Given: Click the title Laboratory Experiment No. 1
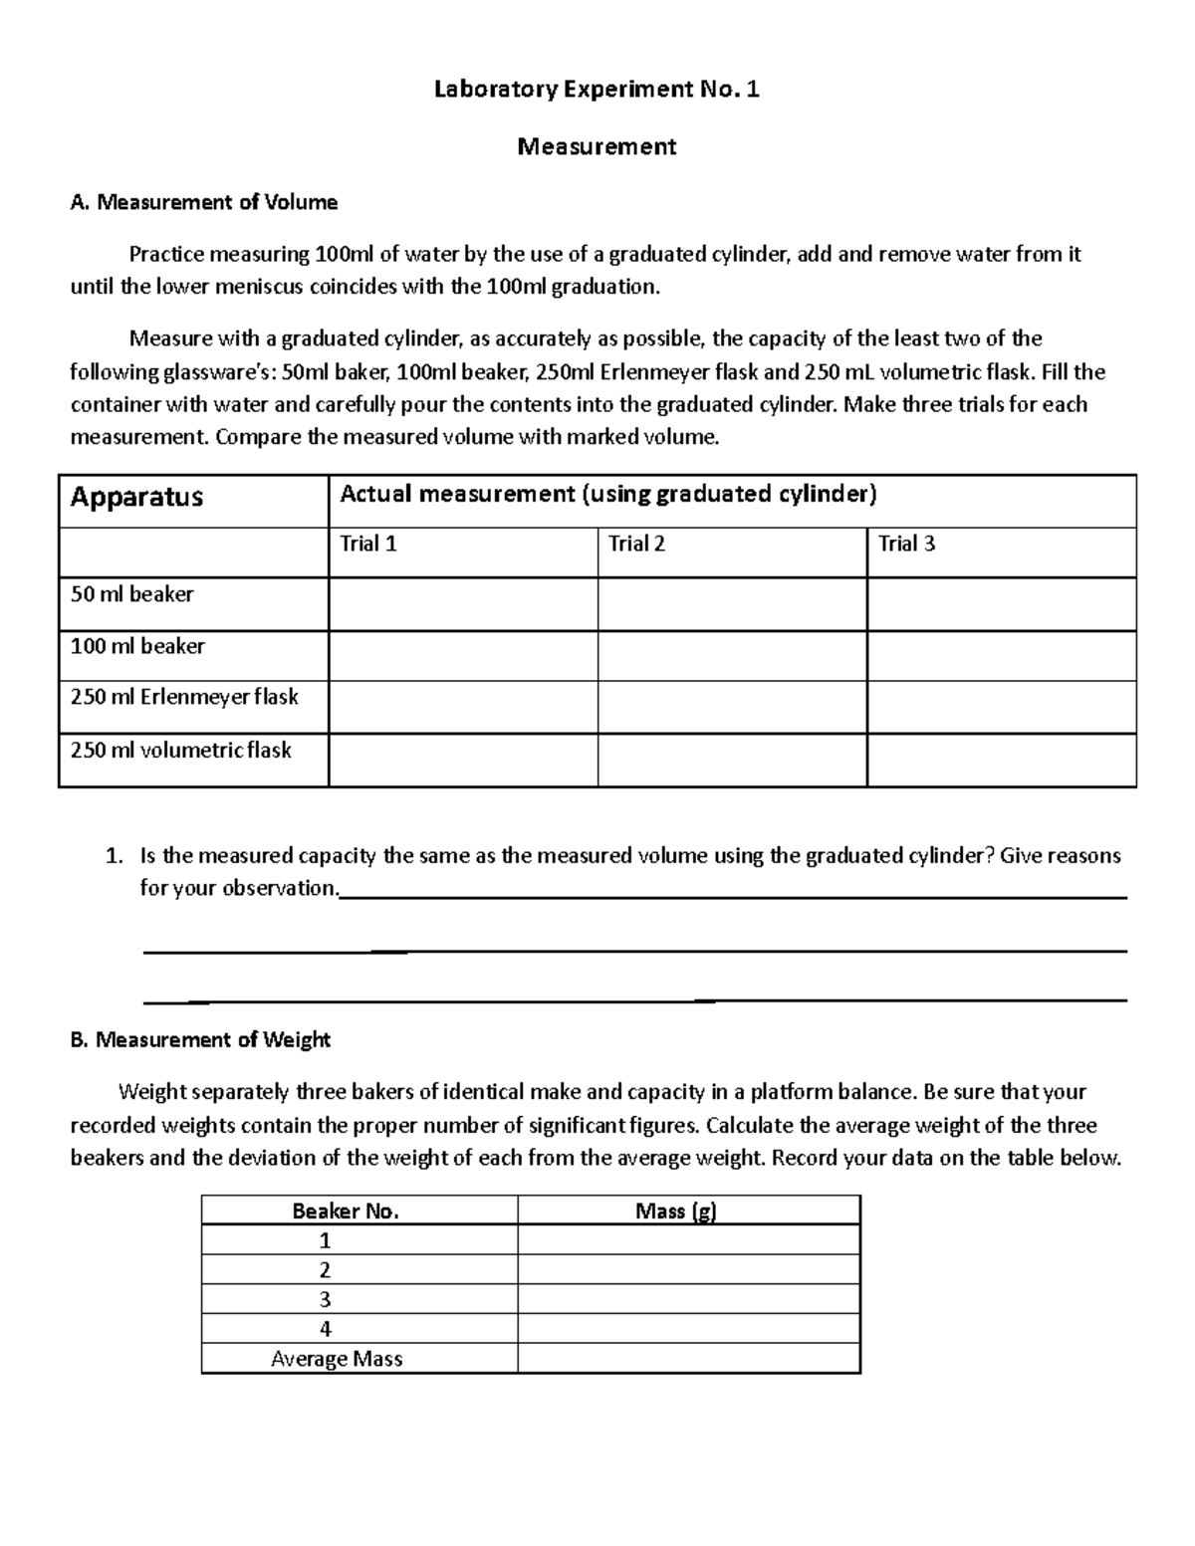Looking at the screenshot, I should tap(597, 90).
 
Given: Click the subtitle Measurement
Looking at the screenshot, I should tap(597, 146).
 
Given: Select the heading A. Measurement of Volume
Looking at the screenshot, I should tap(204, 202).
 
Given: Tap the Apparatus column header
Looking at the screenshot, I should tap(136, 497).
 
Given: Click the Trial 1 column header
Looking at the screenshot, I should tap(368, 544).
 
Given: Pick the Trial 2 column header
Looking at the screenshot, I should tap(637, 544).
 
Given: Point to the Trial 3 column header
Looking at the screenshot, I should tap(906, 544).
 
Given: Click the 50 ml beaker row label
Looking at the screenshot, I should tap(131, 594).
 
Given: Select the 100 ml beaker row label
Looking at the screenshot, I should tap(137, 646).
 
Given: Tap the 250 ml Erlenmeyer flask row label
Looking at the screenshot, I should tap(184, 697).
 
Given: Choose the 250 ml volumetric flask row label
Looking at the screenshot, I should tap(180, 750).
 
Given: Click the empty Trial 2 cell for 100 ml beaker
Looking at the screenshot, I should tap(732, 656).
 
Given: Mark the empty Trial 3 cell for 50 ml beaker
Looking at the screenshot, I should tap(1001, 604).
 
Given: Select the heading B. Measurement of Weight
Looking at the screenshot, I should tap(200, 1040).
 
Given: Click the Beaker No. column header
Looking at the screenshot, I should tap(345, 1212).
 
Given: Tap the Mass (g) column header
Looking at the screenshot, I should tap(676, 1212).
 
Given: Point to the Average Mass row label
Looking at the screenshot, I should tap(337, 1359).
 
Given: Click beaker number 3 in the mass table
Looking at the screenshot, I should tap(325, 1299).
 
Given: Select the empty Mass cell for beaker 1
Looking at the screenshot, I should tap(688, 1240).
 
